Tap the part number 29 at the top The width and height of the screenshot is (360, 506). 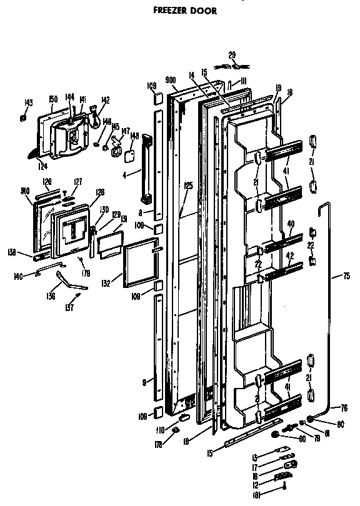click(x=232, y=56)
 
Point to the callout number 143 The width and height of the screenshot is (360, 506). click(x=28, y=103)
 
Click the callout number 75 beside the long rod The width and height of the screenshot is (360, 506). click(x=347, y=275)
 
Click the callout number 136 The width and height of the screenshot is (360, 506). click(x=51, y=296)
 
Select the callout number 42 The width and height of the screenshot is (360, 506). click(x=289, y=255)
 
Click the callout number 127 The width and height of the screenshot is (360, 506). click(x=78, y=182)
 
